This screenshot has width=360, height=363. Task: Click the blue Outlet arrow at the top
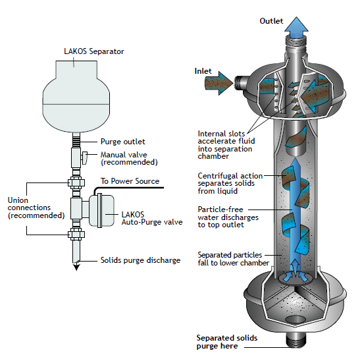(x=296, y=27)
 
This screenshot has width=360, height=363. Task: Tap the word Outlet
(x=271, y=21)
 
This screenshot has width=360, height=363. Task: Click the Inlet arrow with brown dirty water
(x=219, y=84)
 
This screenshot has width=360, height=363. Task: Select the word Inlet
(x=203, y=71)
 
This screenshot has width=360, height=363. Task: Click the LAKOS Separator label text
(x=94, y=51)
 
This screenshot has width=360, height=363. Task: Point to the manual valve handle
(x=85, y=157)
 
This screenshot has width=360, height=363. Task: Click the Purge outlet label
(x=123, y=142)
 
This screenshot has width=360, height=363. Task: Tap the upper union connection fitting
(x=76, y=183)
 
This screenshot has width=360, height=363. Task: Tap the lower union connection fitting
(x=76, y=235)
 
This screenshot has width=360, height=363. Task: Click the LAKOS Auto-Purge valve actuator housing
(x=102, y=211)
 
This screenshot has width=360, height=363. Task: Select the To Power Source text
(x=130, y=181)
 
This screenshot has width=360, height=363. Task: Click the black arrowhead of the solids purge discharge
(x=76, y=267)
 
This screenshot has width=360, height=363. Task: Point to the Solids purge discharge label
(x=140, y=260)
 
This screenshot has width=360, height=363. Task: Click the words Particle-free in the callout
(x=220, y=209)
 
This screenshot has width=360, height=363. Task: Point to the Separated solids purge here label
(x=227, y=342)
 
